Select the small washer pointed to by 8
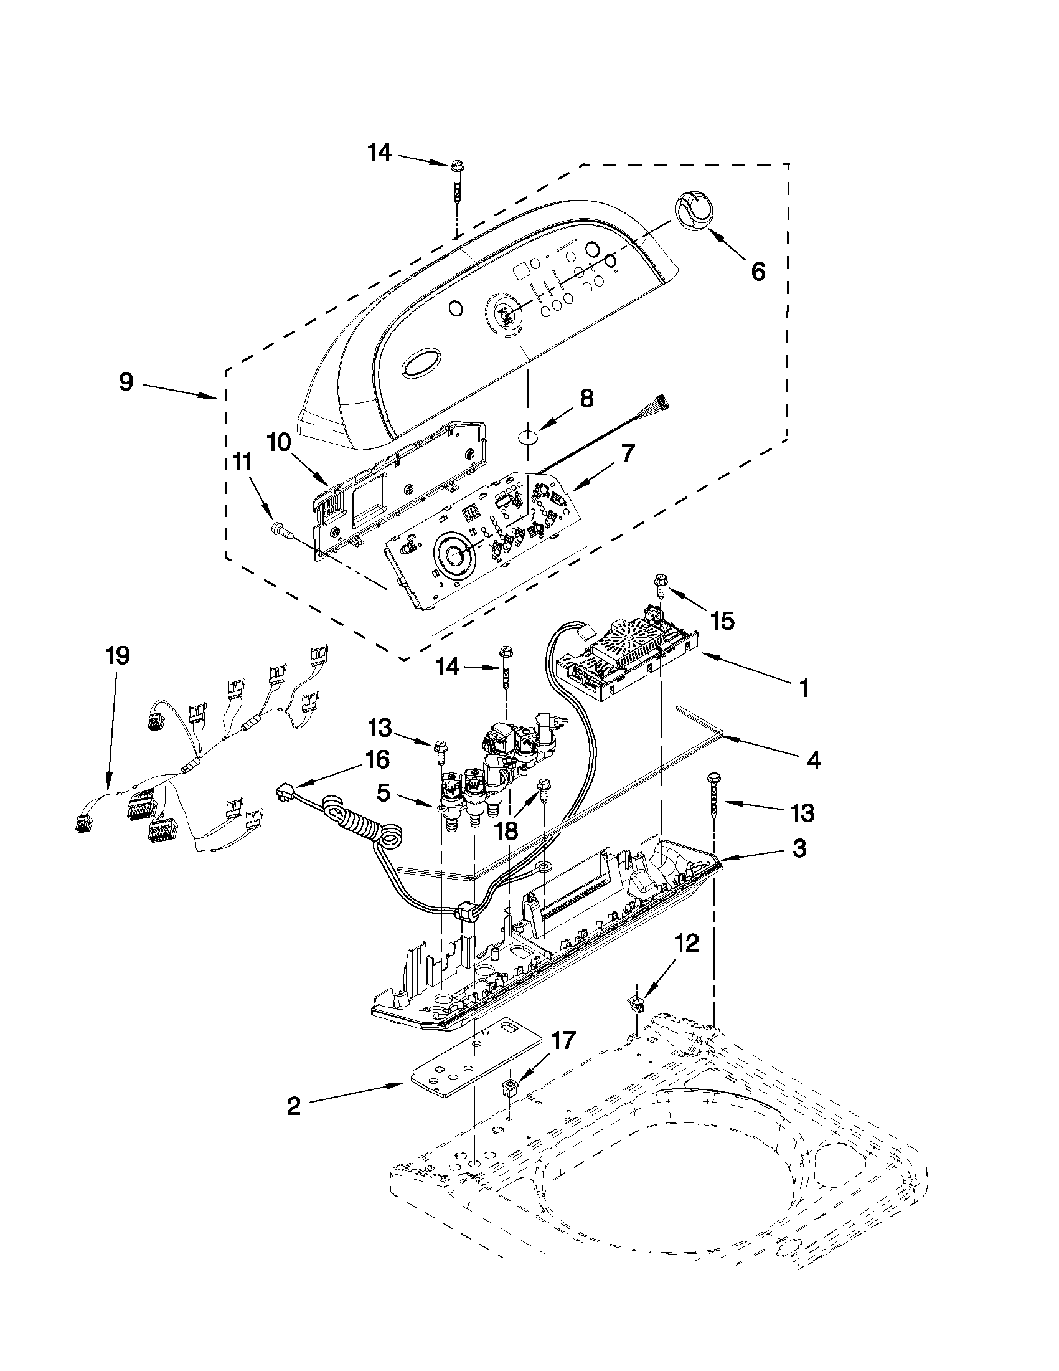coord(529,434)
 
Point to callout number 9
coord(127,382)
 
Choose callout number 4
coord(812,761)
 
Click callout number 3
coord(798,849)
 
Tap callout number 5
coord(383,794)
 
